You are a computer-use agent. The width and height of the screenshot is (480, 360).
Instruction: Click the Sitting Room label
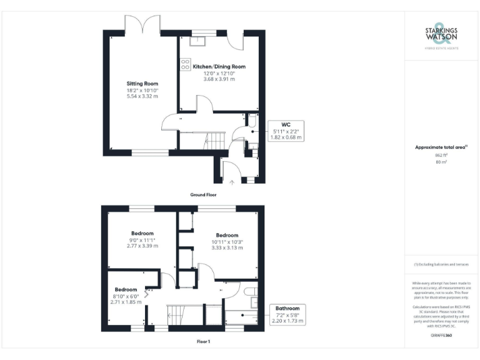pos(142,83)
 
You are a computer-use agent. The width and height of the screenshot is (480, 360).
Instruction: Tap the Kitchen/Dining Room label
pos(219,66)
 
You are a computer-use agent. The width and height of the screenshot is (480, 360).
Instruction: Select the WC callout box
pos(286,130)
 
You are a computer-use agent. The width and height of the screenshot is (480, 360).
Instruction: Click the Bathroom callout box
pos(287,314)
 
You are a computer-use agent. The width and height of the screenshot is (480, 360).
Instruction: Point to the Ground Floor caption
pos(204,195)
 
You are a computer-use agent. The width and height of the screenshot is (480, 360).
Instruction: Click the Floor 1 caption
pos(203,342)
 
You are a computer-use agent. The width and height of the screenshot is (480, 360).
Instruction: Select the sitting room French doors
pos(144,25)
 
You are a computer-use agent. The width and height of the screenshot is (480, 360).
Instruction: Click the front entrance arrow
pos(232,182)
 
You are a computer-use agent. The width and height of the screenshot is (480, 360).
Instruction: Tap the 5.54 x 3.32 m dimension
pos(142,96)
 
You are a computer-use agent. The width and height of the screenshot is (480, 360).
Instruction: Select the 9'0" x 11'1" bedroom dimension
pos(142,240)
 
